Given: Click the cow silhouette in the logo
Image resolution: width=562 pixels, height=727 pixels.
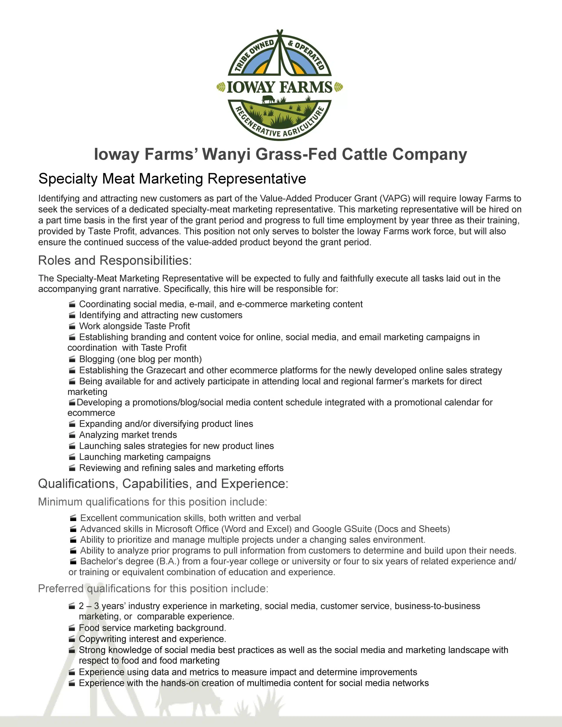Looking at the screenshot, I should [268, 99].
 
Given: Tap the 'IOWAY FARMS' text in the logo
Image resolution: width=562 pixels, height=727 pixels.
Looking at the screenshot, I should [280, 87].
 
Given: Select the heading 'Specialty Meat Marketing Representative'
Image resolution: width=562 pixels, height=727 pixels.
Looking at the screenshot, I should [172, 179].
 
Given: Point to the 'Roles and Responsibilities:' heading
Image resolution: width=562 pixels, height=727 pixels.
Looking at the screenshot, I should [115, 260].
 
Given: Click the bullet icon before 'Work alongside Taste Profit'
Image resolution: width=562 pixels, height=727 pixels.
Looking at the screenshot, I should [72, 326].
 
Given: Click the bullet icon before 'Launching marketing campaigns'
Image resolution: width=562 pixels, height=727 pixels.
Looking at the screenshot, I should [72, 457].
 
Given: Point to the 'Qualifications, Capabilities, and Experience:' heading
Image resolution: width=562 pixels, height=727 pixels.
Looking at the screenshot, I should [163, 484].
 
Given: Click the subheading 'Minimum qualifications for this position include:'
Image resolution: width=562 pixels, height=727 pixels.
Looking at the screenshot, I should [153, 502].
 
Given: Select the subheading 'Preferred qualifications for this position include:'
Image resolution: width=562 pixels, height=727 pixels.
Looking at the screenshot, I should [153, 589].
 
